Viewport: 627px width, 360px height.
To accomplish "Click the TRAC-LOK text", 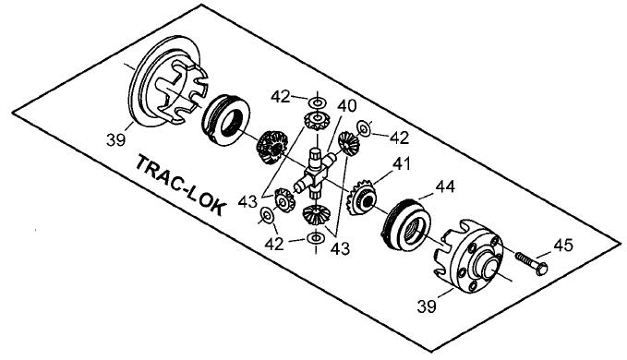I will coord(180,186).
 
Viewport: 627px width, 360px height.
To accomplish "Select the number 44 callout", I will coord(446,186).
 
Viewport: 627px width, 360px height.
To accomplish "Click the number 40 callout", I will coord(346,107).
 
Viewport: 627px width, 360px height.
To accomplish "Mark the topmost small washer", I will coord(317,100).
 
